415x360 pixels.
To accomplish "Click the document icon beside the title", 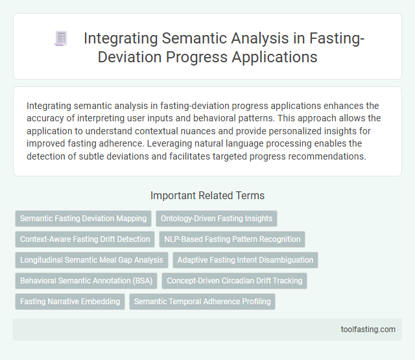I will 61,39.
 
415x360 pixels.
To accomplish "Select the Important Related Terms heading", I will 207,195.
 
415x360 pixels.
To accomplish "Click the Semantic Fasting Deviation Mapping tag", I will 83,219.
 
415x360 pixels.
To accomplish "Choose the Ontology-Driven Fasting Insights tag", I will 217,219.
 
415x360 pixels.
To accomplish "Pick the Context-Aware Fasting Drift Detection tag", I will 85,239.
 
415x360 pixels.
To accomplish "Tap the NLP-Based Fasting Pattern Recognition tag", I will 231,239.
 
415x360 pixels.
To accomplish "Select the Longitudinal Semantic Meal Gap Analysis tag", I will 92,260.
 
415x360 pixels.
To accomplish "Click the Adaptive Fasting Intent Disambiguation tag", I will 245,260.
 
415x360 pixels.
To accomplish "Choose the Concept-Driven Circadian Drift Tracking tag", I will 234,281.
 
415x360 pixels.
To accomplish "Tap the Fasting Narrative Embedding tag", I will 69,302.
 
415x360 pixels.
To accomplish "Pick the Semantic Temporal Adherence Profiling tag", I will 202,302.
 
